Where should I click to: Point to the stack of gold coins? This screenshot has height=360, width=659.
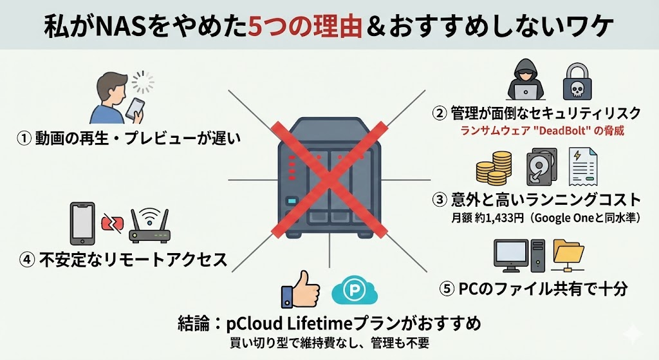point(494,169)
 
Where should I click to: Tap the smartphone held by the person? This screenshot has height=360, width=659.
point(135,108)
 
